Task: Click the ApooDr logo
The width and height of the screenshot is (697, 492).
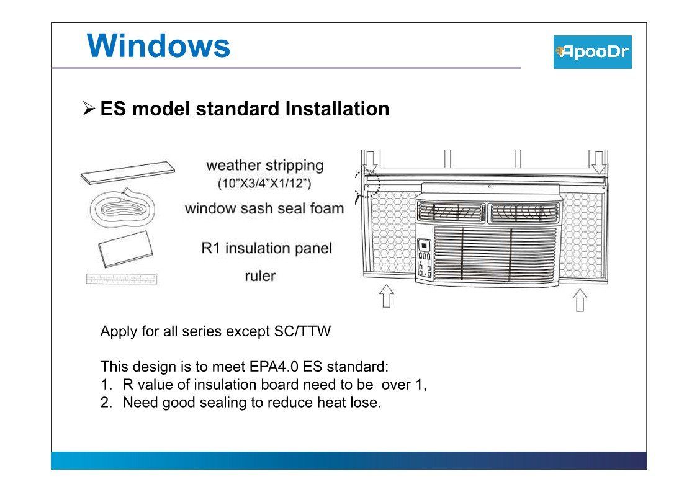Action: (592, 52)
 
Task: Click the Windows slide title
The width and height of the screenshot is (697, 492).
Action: (158, 46)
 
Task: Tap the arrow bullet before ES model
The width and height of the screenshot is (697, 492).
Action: (89, 109)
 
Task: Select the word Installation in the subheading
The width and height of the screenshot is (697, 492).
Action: (338, 109)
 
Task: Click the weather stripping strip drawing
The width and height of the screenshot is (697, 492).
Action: (128, 172)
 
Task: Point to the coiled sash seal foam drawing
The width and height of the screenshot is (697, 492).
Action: (122, 208)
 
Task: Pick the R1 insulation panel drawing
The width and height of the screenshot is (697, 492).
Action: (125, 249)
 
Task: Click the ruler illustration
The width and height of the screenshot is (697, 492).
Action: (122, 279)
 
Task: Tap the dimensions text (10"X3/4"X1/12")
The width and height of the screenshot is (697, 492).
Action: (264, 183)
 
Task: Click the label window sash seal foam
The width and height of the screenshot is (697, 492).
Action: (264, 208)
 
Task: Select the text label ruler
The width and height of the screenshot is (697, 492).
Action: (260, 276)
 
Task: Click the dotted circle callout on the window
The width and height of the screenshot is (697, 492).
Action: (367, 183)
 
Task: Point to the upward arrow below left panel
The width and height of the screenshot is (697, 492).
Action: (386, 295)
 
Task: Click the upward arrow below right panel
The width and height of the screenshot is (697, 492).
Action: (580, 300)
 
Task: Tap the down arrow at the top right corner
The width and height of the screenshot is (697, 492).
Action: (599, 162)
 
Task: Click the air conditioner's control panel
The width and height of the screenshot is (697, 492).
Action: (425, 257)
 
